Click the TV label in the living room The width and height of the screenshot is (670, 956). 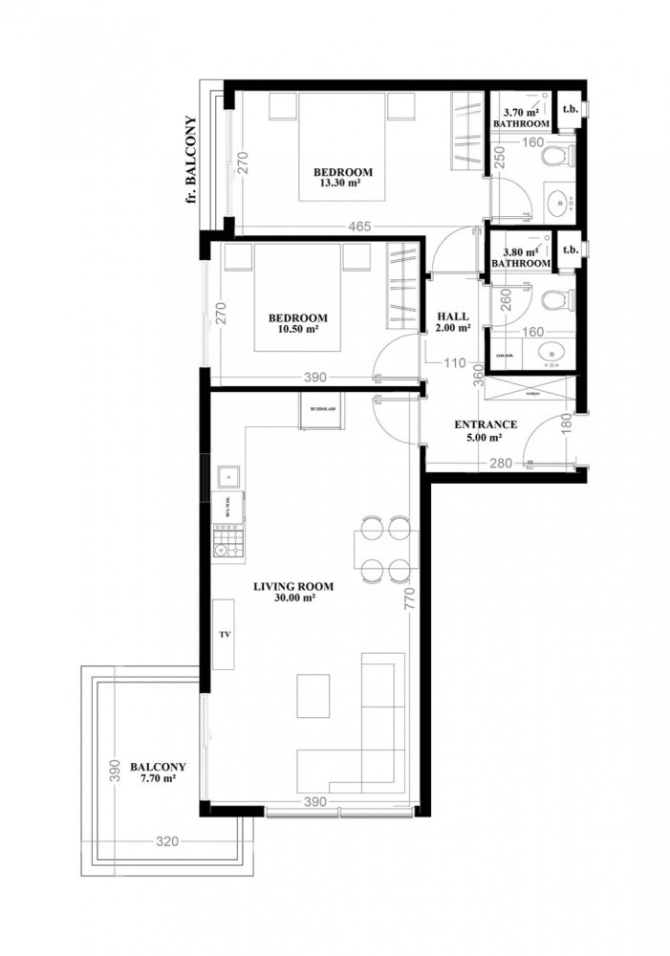tap(225, 634)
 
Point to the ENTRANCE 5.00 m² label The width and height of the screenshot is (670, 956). tap(485, 431)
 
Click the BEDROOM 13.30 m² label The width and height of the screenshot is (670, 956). tap(343, 178)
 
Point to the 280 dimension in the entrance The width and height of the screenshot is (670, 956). tap(500, 464)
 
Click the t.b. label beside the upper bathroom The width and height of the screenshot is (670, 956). tap(571, 108)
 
